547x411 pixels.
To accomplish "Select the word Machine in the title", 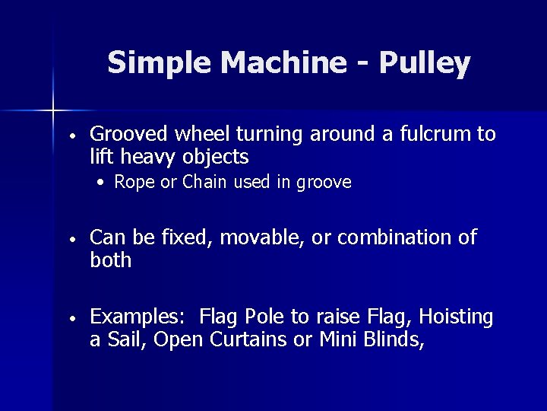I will pos(281,63).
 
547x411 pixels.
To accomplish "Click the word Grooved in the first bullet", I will pos(128,135).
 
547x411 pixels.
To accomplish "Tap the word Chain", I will pos(205,183).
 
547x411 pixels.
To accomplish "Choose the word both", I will pos(111,260).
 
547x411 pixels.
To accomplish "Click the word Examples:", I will pos(139,317).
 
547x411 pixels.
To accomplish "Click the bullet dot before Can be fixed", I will pos(70,238).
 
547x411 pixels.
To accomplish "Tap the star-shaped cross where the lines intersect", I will pos(53,111).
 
